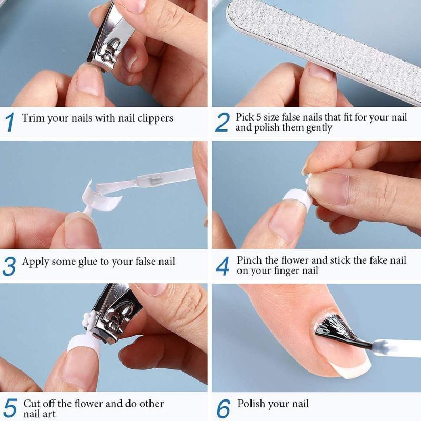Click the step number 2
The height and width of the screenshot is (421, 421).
point(222,123)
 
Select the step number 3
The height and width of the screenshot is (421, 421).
point(9,266)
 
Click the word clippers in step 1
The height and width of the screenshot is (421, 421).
point(153,118)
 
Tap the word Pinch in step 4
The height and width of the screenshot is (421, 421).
point(250,260)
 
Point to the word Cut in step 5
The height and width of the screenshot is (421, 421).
point(32,404)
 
